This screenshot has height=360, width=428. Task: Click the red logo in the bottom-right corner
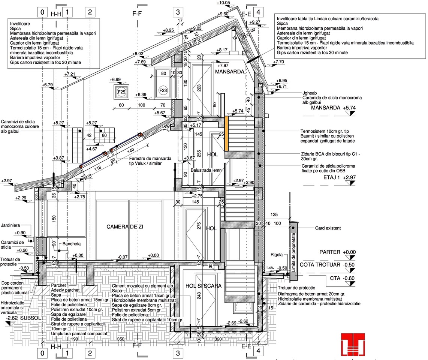pyautogui.click(x=353, y=344)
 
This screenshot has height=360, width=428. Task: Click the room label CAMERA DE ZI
pyautogui.click(x=125, y=227)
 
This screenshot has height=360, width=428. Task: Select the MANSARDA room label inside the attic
pyautogui.click(x=230, y=72)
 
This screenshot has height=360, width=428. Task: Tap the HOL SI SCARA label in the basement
pyautogui.click(x=204, y=286)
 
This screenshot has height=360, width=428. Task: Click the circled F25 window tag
pyautogui.click(x=121, y=92)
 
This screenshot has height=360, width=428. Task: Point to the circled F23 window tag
pyautogui.click(x=163, y=90)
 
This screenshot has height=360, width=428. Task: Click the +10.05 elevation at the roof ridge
pyautogui.click(x=223, y=3)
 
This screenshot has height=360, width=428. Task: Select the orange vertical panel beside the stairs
pyautogui.click(x=227, y=133)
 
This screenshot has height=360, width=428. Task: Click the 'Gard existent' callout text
pyautogui.click(x=328, y=228)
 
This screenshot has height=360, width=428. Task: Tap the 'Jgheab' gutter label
pyautogui.click(x=310, y=93)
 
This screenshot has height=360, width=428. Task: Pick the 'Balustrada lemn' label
pyautogui.click(x=206, y=170)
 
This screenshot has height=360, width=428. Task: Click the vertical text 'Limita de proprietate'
pyautogui.click(x=294, y=252)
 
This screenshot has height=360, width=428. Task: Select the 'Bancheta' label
pyautogui.click(x=72, y=244)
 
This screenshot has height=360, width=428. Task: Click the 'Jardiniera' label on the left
pyautogui.click(x=10, y=225)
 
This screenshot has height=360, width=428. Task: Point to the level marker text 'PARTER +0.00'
pyautogui.click(x=338, y=252)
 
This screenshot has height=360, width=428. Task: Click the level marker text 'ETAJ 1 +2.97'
pyautogui.click(x=340, y=177)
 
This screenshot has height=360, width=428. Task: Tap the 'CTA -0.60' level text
pyautogui.click(x=342, y=278)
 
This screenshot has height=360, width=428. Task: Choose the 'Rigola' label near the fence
pyautogui.click(x=277, y=255)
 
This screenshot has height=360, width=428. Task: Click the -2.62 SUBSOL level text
pyautogui.click(x=24, y=318)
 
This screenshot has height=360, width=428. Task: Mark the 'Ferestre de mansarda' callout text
pyautogui.click(x=150, y=158)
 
